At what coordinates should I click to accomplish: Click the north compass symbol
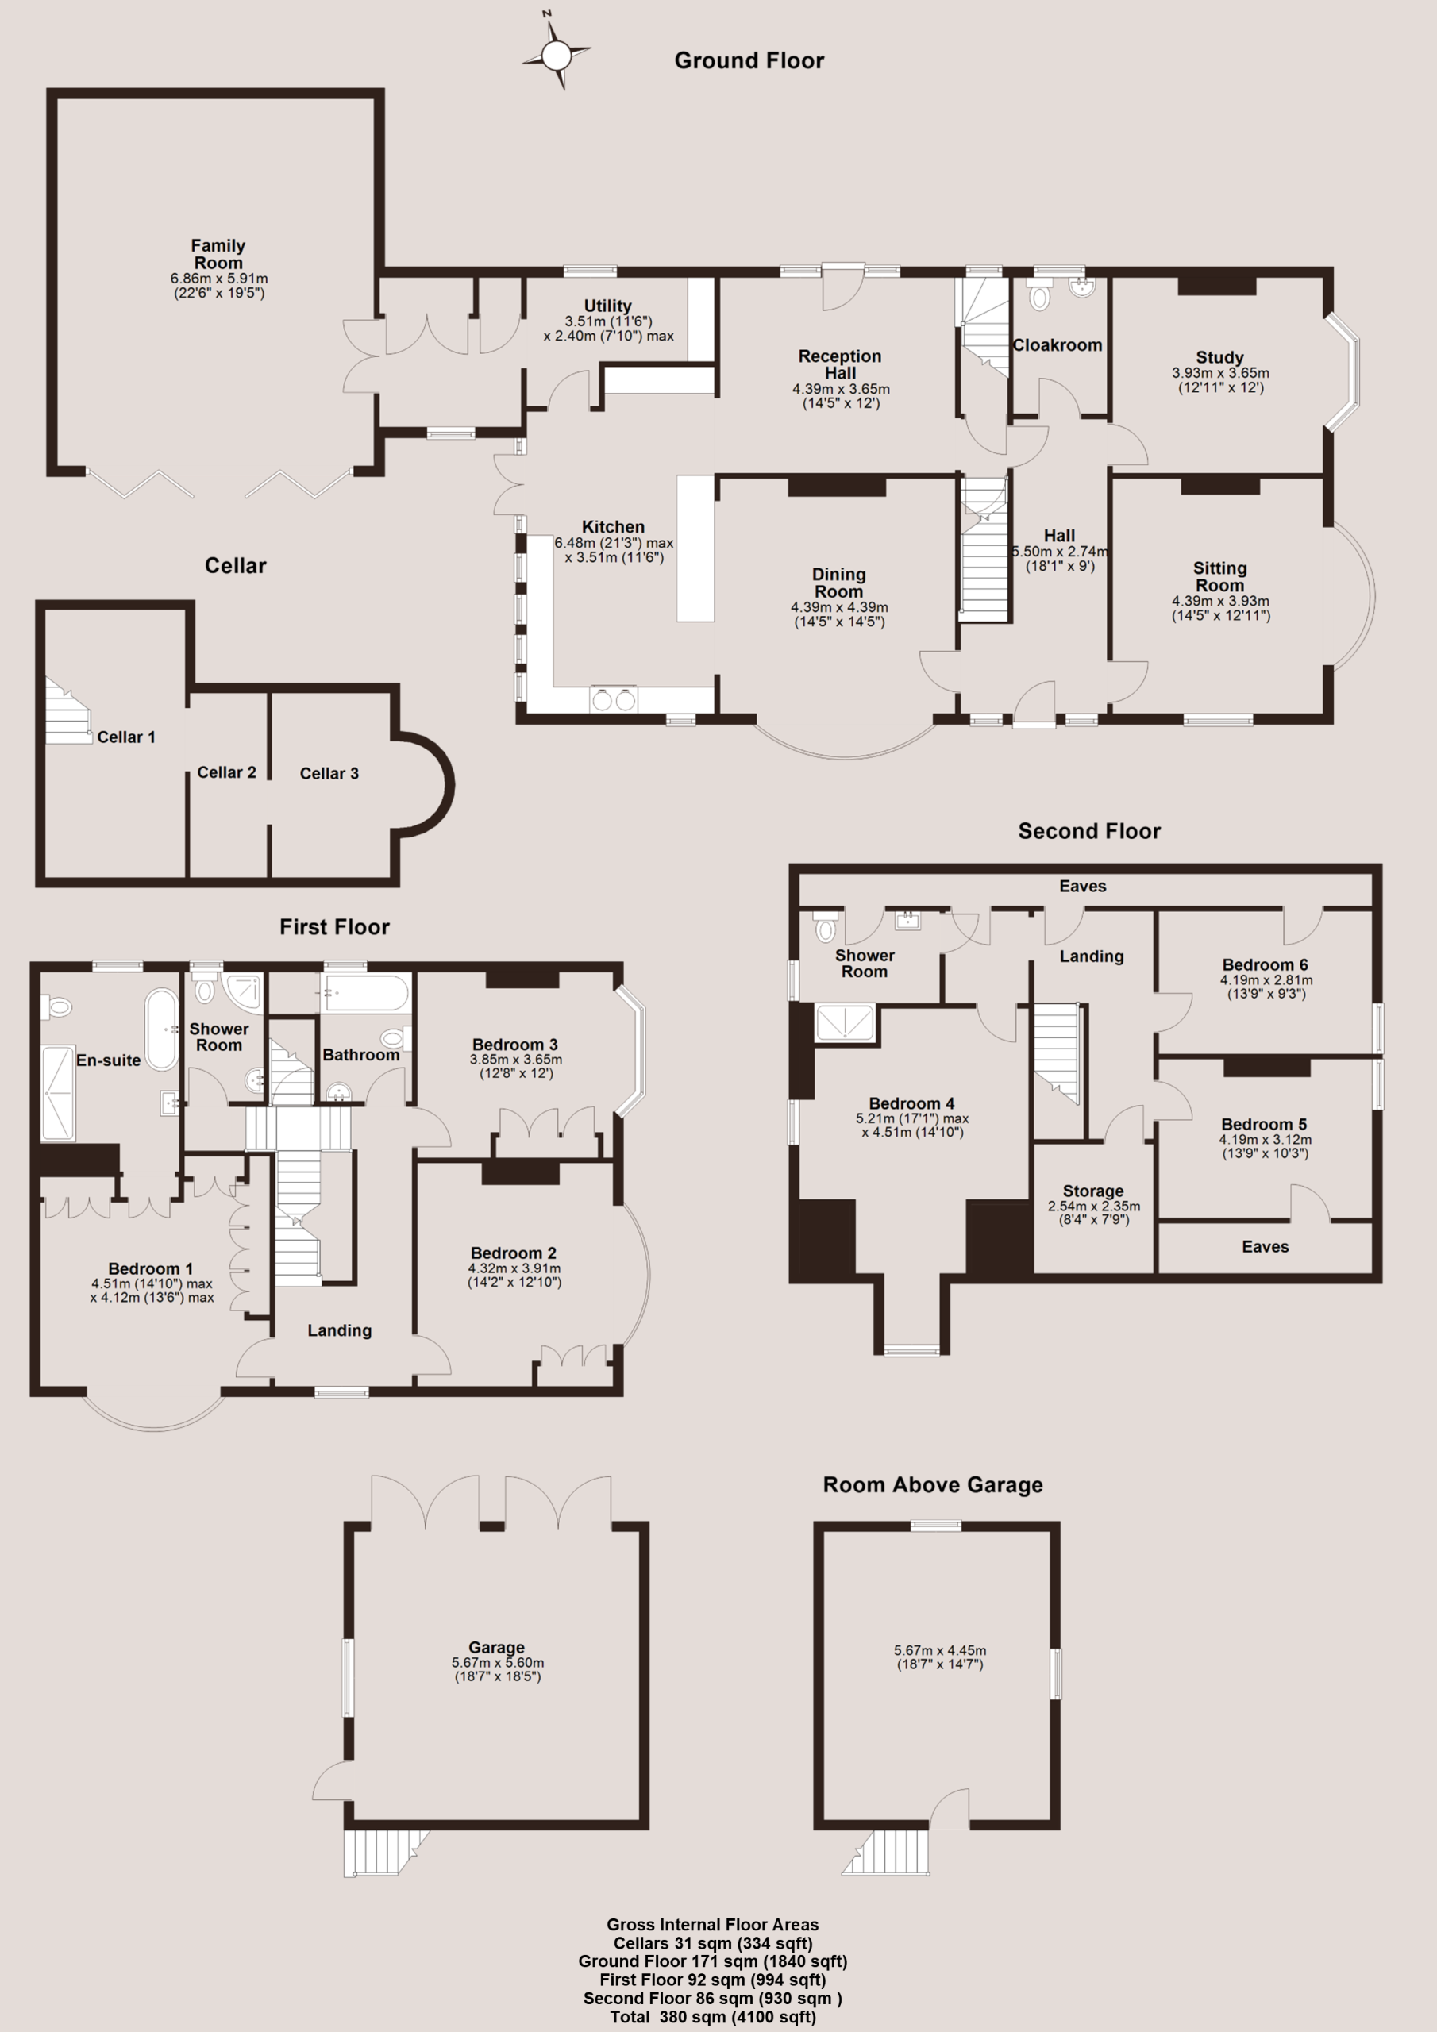556,55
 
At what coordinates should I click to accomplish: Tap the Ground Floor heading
749,60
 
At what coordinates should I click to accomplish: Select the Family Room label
218,254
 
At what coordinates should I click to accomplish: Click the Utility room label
607,306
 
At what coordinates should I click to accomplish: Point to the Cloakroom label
1058,345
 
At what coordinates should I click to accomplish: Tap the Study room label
1220,357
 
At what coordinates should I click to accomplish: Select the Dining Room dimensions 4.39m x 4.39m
839,607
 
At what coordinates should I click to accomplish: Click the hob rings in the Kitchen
614,699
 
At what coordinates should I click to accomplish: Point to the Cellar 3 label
329,773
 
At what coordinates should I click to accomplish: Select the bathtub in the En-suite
162,1029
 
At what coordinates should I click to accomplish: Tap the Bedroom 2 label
514,1253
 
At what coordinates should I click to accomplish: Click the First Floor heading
335,926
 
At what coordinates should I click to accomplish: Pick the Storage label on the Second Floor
1093,1191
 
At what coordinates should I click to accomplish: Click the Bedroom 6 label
1266,964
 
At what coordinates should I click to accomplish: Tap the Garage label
497,1648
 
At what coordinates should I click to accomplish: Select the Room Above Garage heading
933,1485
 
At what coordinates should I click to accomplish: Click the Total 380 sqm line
713,2017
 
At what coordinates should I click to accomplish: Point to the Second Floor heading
1089,831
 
